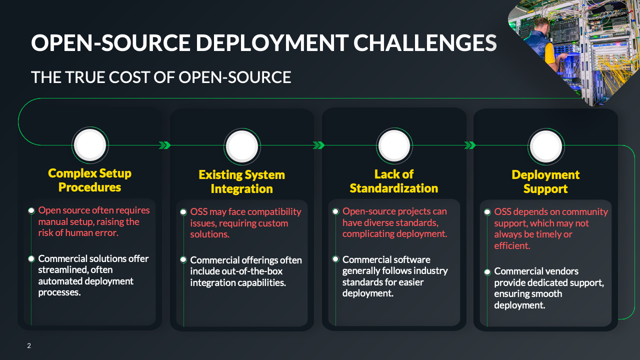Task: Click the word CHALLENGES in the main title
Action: [x=425, y=43]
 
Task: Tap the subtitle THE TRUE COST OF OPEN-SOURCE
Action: [x=161, y=77]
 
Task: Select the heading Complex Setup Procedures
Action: [x=90, y=180]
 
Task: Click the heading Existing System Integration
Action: [x=242, y=182]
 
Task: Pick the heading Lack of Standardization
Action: [x=394, y=181]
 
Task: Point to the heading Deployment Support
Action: [x=545, y=182]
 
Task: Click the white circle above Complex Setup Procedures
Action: [x=90, y=145]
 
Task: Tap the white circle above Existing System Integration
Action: [x=242, y=146]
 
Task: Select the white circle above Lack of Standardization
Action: [x=394, y=146]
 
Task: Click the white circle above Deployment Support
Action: [x=546, y=146]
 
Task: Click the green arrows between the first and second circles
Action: [x=164, y=145]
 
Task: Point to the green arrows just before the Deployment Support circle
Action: [x=470, y=145]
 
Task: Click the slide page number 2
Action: [x=29, y=345]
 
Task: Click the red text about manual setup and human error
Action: [x=94, y=222]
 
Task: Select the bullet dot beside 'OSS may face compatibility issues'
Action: [x=183, y=212]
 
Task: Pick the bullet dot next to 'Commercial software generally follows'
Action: [x=335, y=259]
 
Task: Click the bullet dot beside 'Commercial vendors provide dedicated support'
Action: [x=487, y=272]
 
